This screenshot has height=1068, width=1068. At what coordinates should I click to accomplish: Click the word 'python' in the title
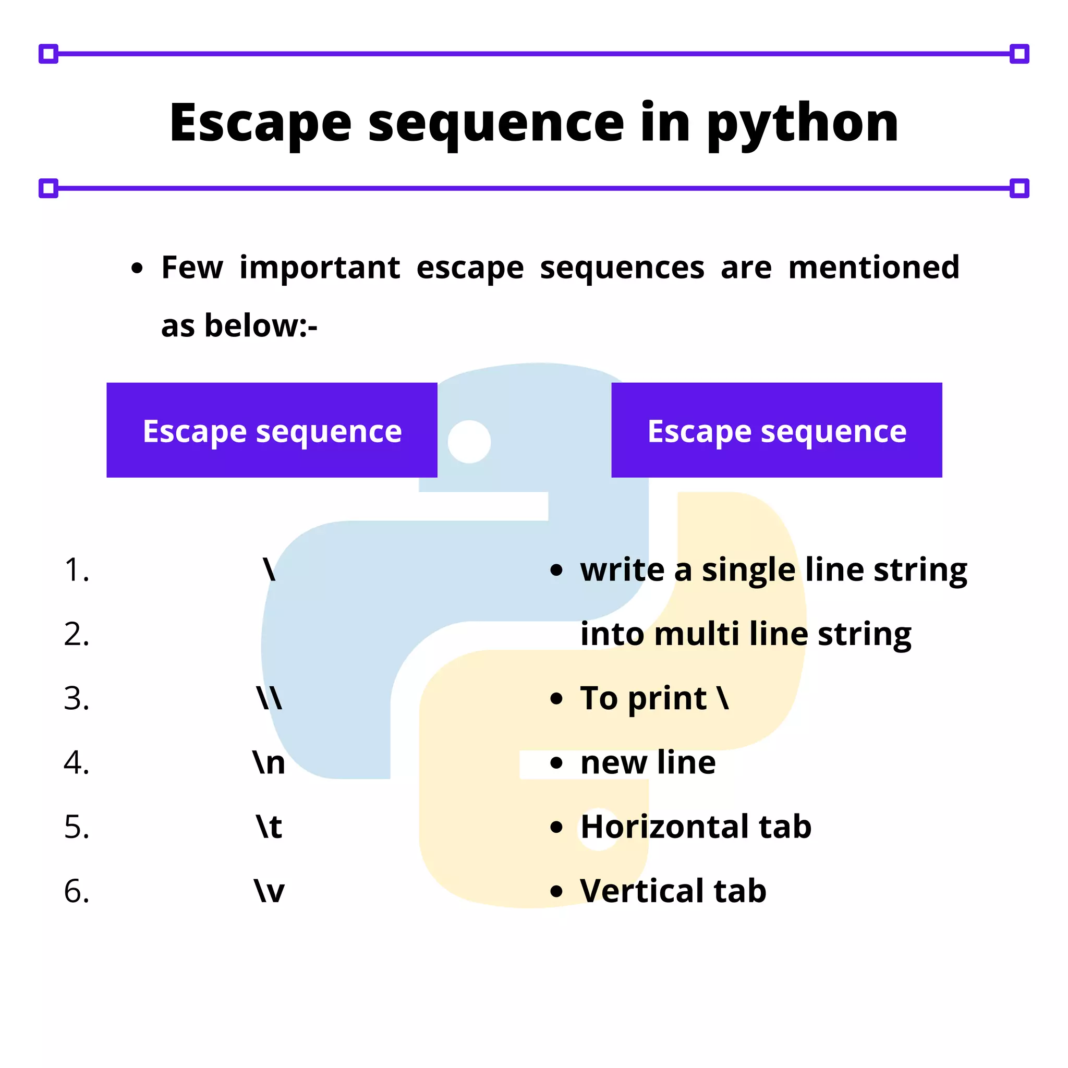click(802, 125)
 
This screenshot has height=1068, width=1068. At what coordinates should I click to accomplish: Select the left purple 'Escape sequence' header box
click(272, 430)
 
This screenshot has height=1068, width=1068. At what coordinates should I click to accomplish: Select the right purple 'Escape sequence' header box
click(776, 430)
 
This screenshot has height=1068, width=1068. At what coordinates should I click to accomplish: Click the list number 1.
click(76, 570)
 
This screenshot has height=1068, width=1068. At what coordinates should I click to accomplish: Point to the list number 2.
click(76, 634)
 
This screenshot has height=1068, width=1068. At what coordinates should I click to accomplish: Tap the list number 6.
click(76, 891)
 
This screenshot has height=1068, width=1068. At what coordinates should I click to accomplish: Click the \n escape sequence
click(269, 763)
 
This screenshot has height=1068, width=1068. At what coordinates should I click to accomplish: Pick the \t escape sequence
click(269, 827)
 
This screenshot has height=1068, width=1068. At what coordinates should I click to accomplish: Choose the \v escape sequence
click(269, 891)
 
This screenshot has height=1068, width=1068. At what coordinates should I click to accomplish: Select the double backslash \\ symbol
click(269, 698)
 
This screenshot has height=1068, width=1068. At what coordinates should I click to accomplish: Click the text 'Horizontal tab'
click(696, 827)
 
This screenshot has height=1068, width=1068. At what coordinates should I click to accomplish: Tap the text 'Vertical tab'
click(673, 891)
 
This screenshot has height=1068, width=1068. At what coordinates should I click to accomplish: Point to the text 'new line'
click(648, 763)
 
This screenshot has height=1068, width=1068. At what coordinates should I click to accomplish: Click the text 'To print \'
click(654, 698)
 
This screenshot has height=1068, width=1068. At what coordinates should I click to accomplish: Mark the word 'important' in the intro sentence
click(320, 268)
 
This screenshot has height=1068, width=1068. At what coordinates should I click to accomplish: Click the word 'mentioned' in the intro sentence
click(874, 268)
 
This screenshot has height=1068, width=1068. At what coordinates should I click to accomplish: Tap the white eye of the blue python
click(469, 442)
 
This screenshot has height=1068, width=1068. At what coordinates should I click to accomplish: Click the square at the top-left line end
click(48, 54)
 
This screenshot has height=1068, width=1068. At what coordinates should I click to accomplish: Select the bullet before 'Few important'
click(137, 269)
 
